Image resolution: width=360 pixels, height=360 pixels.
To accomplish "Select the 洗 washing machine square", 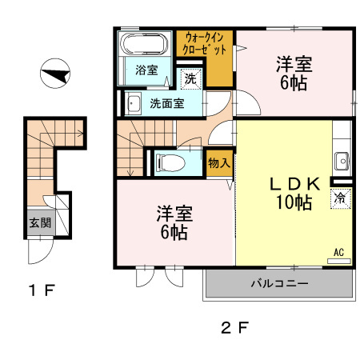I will [x=190, y=78].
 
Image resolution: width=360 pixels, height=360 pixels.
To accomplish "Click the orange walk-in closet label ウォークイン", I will [x=204, y=38].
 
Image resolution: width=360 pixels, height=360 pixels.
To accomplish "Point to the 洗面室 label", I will [x=167, y=103].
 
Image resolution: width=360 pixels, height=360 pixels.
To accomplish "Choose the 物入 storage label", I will [x=218, y=163].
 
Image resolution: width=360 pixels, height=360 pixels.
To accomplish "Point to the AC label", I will [x=338, y=253].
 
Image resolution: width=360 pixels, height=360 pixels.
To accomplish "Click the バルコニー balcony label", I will [x=279, y=283].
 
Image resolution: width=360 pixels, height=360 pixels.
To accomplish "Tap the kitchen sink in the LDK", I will [x=342, y=159].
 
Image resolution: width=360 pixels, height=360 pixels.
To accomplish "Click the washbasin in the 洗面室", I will [x=131, y=102].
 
